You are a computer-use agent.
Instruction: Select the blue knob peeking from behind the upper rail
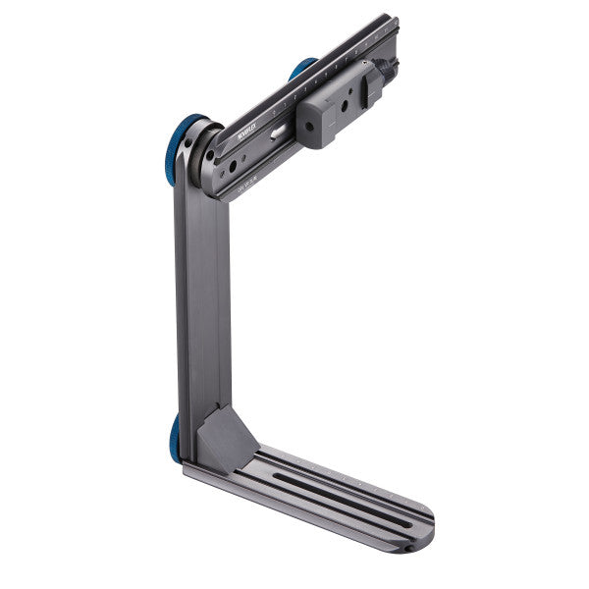pyautogui.click(x=301, y=70)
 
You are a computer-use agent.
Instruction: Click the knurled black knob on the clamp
pyautogui.click(x=392, y=69)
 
